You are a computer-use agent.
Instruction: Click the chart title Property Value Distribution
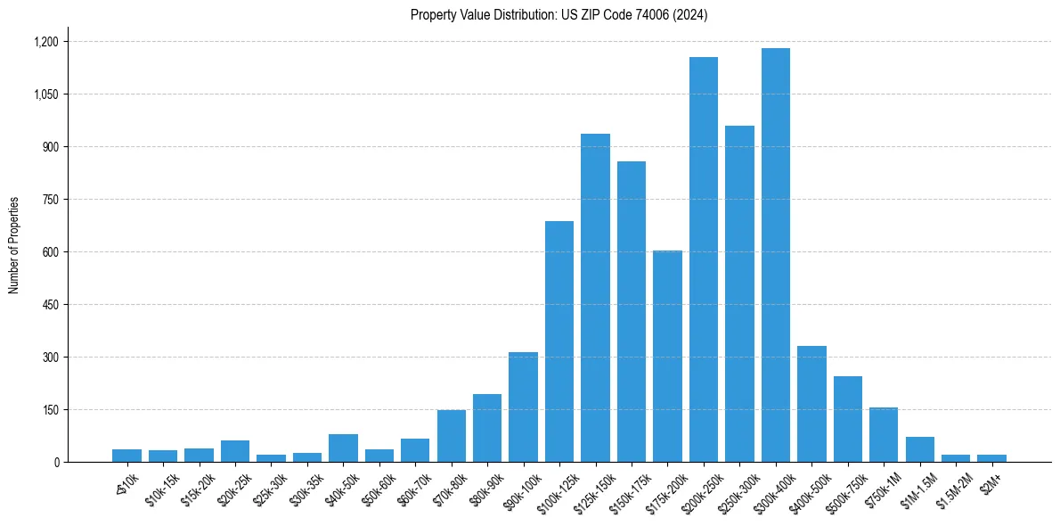click(x=559, y=15)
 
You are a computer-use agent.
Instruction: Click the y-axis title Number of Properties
click(x=14, y=245)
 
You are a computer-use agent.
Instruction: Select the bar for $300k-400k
click(x=775, y=255)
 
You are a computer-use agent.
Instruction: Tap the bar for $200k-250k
click(x=703, y=259)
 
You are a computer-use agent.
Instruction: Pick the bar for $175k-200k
click(x=667, y=356)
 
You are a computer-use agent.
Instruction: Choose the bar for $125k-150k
click(x=595, y=298)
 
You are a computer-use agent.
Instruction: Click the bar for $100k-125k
click(x=559, y=341)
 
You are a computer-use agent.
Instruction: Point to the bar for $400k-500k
click(x=811, y=404)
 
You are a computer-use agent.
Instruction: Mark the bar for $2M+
click(x=991, y=458)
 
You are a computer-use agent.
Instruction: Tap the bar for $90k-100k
click(x=523, y=407)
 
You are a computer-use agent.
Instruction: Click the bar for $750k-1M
click(x=884, y=434)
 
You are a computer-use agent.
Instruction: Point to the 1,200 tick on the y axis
click(x=45, y=42)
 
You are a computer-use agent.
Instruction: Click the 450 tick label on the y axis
click(x=50, y=305)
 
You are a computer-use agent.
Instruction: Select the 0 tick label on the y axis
click(x=55, y=463)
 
